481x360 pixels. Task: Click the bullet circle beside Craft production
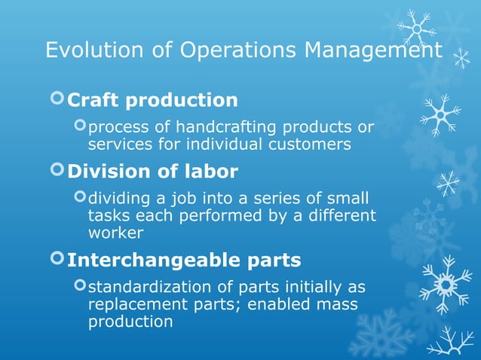coord(57,99)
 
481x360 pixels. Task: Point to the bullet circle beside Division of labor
coord(57,170)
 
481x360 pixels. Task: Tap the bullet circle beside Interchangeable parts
coord(57,259)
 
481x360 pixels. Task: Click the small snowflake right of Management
coord(461,59)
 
